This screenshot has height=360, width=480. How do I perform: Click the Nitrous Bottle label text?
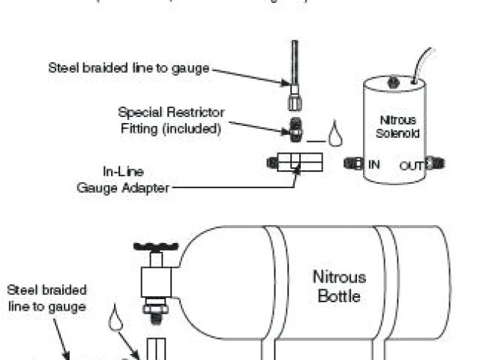[336, 286]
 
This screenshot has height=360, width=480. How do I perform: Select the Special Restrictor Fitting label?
[171, 120]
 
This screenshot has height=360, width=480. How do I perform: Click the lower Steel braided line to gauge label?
[47, 298]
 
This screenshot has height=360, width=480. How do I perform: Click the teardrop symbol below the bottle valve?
[115, 318]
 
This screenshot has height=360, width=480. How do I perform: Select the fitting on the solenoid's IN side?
[352, 163]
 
